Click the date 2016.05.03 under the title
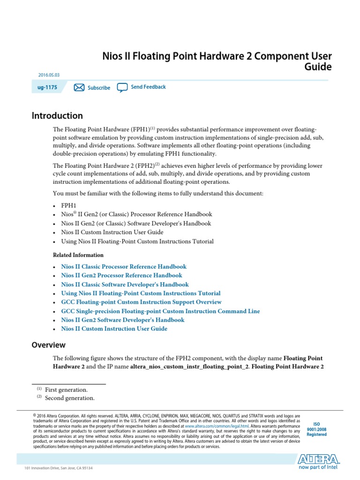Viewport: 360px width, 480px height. coord(49,75)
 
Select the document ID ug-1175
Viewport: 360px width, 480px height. coord(48,87)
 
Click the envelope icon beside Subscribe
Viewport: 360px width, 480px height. coord(79,88)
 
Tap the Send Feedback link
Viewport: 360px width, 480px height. coord(148,87)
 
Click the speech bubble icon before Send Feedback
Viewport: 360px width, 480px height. coord(122,87)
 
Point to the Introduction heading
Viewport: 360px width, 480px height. coord(57,116)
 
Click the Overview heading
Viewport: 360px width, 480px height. coord(48,345)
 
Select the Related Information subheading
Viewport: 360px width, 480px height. coord(78,255)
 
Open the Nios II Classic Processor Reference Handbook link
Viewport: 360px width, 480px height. coord(124,266)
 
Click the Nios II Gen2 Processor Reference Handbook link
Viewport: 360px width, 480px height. coord(121,275)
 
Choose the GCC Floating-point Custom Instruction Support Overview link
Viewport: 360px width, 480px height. coord(141,302)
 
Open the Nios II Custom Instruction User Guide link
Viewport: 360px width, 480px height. coord(114,329)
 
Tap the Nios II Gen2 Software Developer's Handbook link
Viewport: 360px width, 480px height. coord(123,320)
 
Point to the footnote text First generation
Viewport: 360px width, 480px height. coord(66,390)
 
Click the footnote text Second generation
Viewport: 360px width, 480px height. coord(69,398)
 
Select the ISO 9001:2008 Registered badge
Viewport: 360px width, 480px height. coord(316,429)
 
